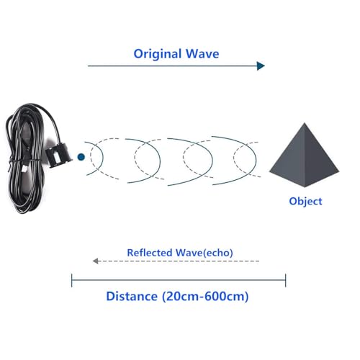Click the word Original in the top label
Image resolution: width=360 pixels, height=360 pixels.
pos(158,54)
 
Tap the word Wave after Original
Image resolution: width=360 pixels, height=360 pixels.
pos(202,53)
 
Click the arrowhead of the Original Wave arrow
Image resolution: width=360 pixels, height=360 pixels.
pos(261,66)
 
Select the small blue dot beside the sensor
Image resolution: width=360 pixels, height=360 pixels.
pos(81,157)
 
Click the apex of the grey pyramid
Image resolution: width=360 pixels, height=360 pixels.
pos(305,123)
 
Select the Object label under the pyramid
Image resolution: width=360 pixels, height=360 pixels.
pos(305,202)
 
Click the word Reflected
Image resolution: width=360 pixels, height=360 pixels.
pos(150,253)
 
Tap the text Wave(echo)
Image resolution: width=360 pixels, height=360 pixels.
pos(204,253)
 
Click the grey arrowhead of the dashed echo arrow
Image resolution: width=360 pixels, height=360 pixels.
pos(96,261)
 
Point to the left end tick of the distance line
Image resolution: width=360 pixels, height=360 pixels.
pos(72,280)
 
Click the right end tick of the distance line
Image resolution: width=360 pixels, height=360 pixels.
pos(286,280)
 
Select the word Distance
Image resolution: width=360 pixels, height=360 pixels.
pos(132,297)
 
